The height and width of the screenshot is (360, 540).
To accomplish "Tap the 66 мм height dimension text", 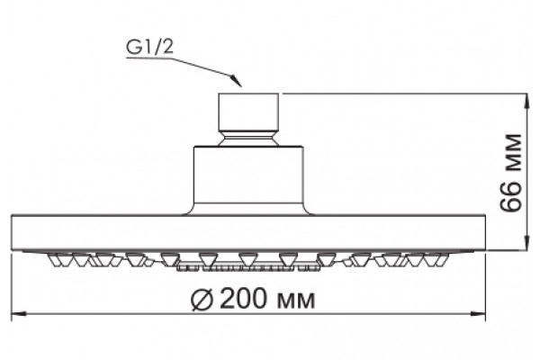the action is point(510,172).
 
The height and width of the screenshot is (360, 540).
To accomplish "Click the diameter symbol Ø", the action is point(202,299).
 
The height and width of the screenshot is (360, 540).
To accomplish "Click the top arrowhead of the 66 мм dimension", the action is point(526,102).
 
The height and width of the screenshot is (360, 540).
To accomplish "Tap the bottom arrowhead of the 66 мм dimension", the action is point(526,241).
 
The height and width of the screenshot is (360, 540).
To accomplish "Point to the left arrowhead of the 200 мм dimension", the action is point(19,314).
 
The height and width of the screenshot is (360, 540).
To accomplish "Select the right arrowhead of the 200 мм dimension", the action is point(478,314).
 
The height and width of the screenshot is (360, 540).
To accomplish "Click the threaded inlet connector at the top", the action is point(248,112).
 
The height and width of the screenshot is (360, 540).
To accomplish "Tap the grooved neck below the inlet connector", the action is point(248,139).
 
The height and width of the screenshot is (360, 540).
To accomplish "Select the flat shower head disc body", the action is point(248,232).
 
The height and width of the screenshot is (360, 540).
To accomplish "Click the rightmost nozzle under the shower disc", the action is point(442,260).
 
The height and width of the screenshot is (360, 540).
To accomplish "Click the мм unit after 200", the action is point(296,301).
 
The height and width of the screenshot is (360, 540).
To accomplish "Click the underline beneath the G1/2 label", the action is point(148,58).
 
